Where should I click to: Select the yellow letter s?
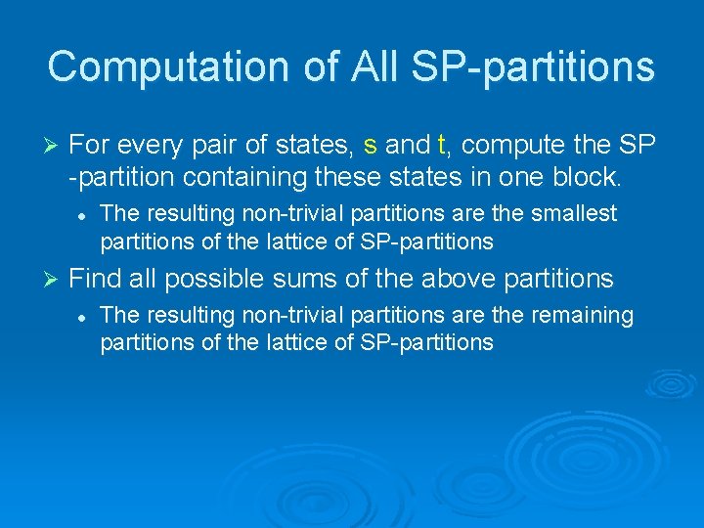tap(370, 146)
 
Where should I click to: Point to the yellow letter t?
tap(441, 146)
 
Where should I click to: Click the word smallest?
tap(574, 213)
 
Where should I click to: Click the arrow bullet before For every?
tap(55, 147)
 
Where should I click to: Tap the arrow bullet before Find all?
tap(55, 280)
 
